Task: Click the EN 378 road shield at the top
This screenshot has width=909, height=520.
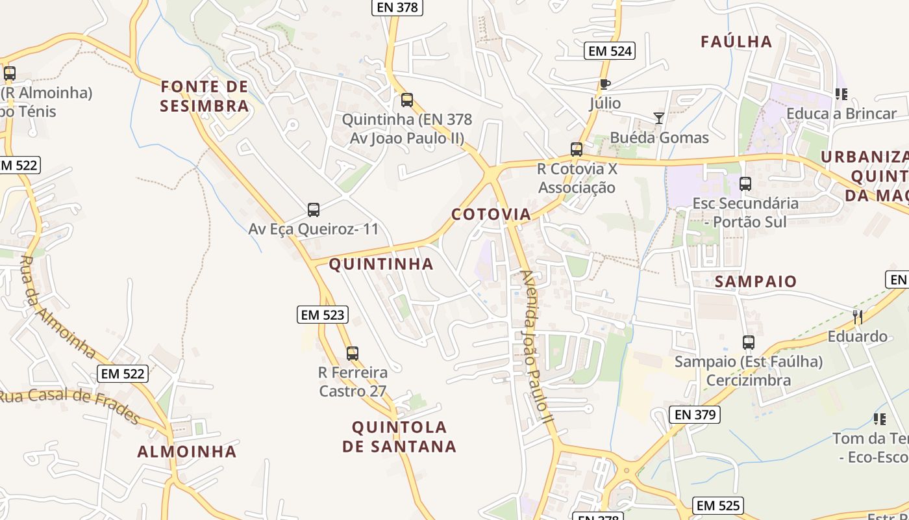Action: pos(397,7)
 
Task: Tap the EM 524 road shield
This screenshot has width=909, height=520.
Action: pos(609,51)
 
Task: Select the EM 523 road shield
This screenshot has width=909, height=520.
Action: pos(323,315)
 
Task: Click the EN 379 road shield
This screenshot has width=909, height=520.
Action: pos(695,415)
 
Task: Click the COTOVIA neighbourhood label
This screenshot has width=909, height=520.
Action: pos(491,214)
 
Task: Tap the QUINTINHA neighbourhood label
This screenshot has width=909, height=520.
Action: pos(381,264)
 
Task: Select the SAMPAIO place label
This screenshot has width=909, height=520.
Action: pos(756,281)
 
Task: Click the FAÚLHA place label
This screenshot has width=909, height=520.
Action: pos(736,42)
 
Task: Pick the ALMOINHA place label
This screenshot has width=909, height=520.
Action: pos(187,452)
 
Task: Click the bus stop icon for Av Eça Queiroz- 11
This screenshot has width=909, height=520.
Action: pos(314,210)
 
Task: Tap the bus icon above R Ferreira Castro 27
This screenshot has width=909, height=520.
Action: pos(353,354)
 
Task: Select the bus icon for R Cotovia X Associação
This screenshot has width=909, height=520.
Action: pos(577,149)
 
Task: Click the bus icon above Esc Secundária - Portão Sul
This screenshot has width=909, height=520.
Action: pos(745,184)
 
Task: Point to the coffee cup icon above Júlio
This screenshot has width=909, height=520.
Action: pos(604,84)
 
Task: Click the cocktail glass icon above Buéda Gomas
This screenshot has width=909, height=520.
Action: pos(659,118)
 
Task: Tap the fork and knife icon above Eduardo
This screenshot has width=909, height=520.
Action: pos(858,317)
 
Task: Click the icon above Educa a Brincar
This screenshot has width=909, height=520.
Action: pos(841,94)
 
